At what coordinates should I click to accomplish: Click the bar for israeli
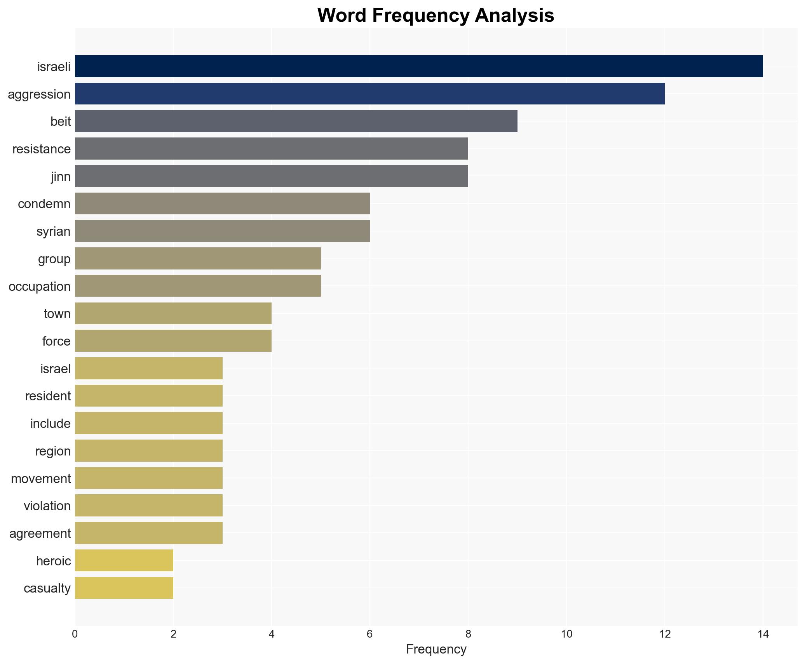pyautogui.click(x=418, y=66)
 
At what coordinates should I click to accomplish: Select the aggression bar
pyautogui.click(x=369, y=94)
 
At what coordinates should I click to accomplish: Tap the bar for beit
pyautogui.click(x=296, y=122)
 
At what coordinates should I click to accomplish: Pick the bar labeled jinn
pyautogui.click(x=271, y=176)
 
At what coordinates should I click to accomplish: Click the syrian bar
pyautogui.click(x=222, y=231)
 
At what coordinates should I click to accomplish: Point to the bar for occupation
pyautogui.click(x=198, y=286)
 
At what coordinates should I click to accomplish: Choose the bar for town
pyautogui.click(x=173, y=313)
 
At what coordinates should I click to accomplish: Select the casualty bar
pyautogui.click(x=124, y=588)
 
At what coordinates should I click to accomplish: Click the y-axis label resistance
pyautogui.click(x=42, y=149)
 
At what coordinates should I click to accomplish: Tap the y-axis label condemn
pyautogui.click(x=44, y=204)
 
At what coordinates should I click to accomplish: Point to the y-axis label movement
pyautogui.click(x=41, y=478)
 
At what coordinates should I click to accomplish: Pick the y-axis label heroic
pyautogui.click(x=53, y=561)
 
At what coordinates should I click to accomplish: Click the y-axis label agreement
pyautogui.click(x=40, y=534)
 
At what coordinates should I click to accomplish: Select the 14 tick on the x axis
pyautogui.click(x=763, y=634)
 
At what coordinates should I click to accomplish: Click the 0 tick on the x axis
pyautogui.click(x=75, y=634)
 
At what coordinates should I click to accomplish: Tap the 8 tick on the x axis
pyautogui.click(x=468, y=634)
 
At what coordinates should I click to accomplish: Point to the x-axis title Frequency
pyautogui.click(x=436, y=649)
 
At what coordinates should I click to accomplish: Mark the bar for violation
pyautogui.click(x=148, y=506)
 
